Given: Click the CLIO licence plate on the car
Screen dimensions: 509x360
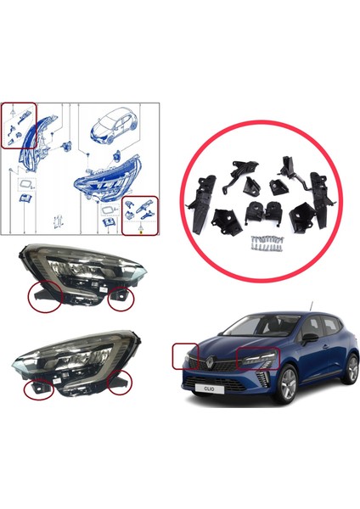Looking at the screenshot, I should point(210,389).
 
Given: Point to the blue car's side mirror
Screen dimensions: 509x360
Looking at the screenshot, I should point(312,337).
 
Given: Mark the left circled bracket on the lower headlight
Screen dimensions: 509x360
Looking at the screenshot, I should point(39,386).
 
